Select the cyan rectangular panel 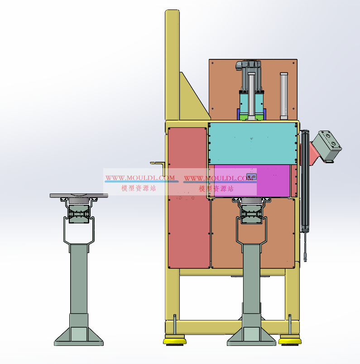[x=253, y=143]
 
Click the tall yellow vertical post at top [x=172, y=65]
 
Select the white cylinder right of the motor [x=284, y=96]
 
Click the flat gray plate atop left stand [x=79, y=195]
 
